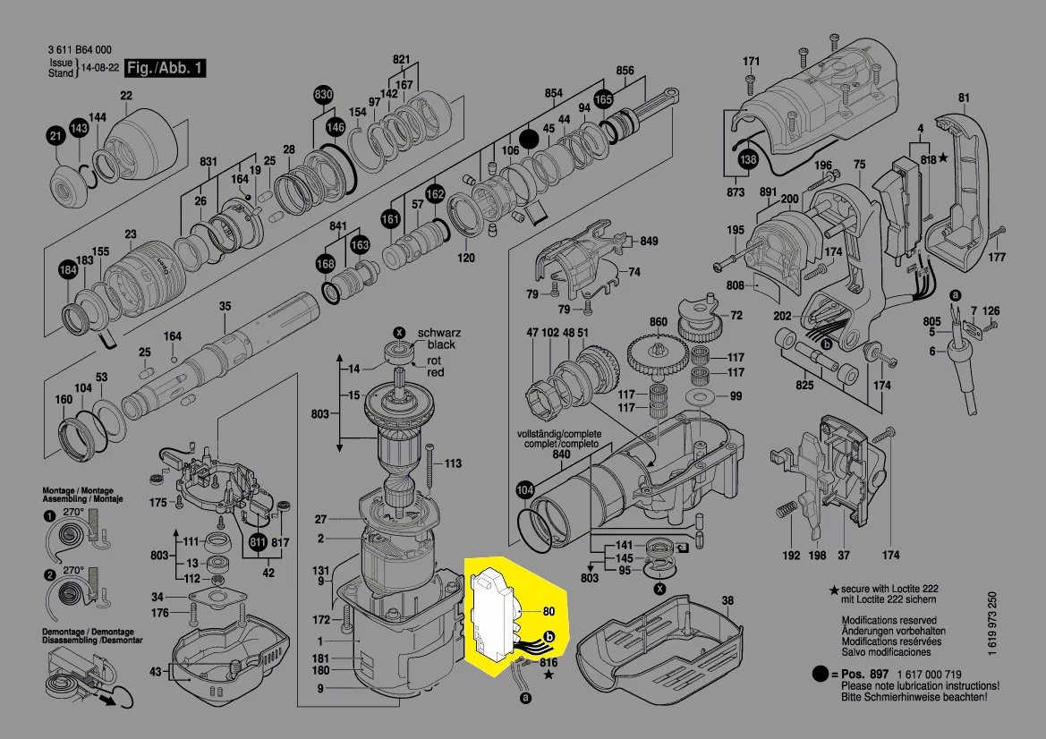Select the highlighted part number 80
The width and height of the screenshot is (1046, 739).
(549, 612)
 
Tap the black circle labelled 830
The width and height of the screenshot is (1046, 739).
(323, 96)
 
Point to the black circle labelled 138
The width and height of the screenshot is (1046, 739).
(747, 160)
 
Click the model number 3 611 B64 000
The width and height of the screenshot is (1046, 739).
(79, 51)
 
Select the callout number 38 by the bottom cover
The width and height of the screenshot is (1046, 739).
(727, 600)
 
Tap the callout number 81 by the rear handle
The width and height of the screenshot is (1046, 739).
(964, 98)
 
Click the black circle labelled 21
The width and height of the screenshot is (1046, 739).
(55, 136)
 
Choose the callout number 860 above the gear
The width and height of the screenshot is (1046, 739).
(659, 322)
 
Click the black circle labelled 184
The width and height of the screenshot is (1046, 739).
(68, 270)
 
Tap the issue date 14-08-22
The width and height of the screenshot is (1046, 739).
(101, 69)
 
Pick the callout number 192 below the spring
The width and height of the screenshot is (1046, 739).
(791, 556)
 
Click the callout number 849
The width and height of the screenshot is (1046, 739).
(649, 242)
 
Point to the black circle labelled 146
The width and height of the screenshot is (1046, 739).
(335, 127)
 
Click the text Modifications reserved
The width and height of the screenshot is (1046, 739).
(889, 620)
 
